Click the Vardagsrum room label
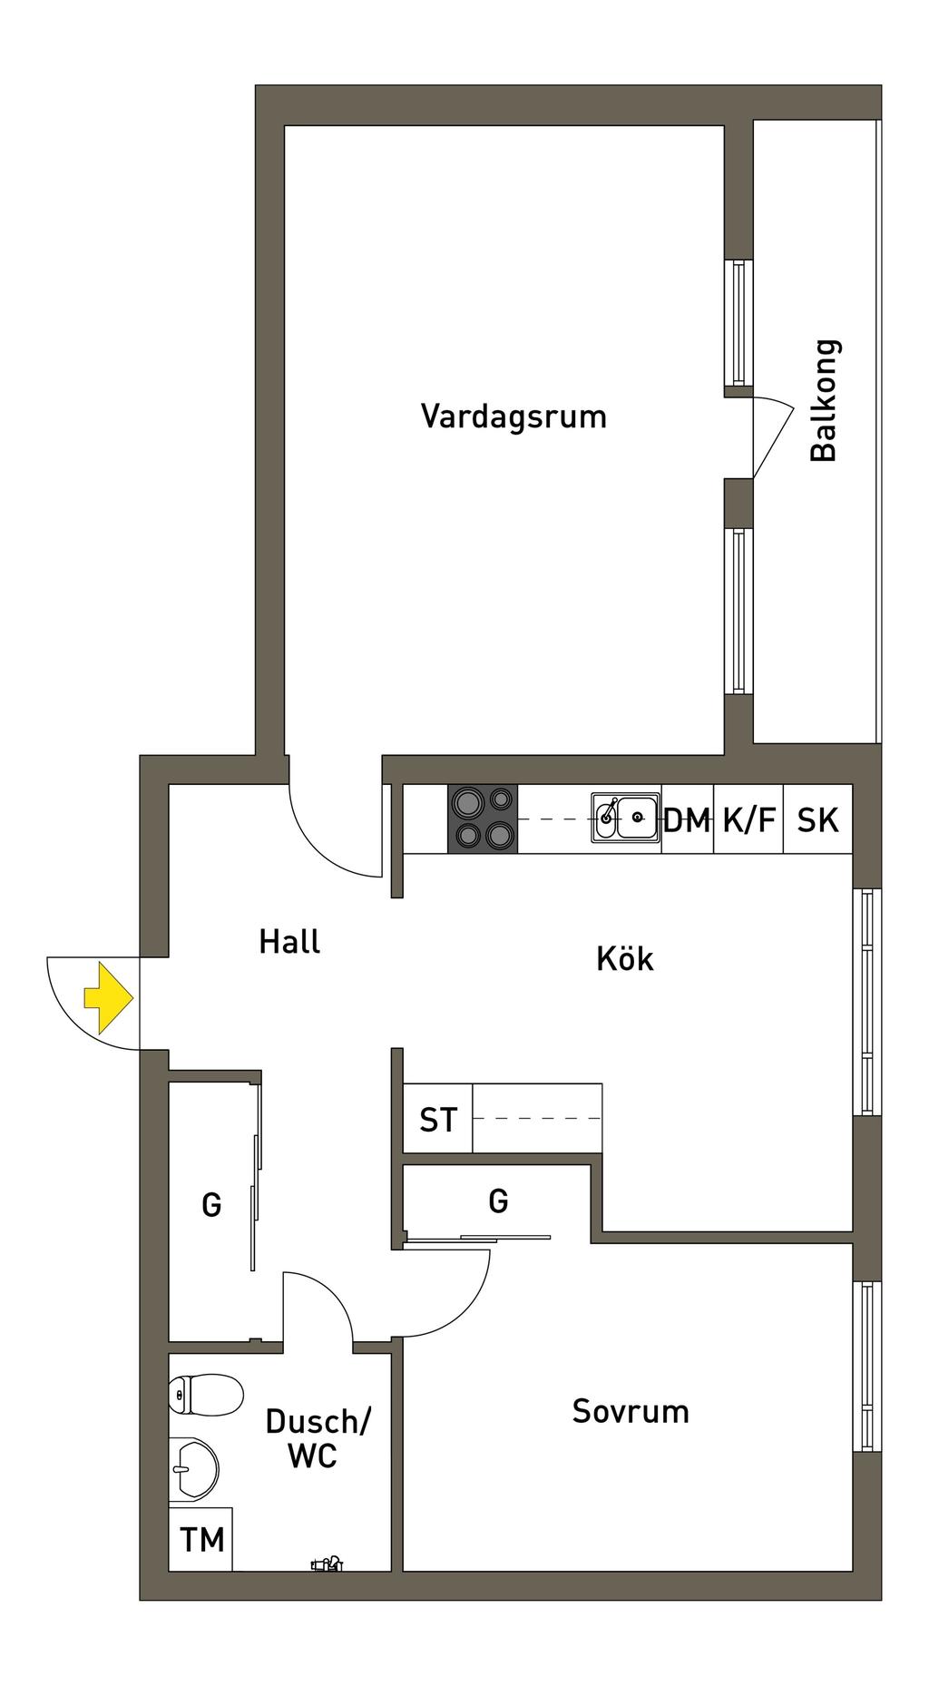(513, 417)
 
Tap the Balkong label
(824, 401)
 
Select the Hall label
(289, 942)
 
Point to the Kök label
(625, 958)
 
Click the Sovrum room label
(631, 1411)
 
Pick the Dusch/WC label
(317, 1438)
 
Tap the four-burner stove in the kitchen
(483, 818)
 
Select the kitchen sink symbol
(626, 818)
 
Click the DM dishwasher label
(687, 821)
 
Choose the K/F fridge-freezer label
(749, 821)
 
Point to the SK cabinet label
(818, 821)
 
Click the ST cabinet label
(438, 1121)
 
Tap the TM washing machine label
(201, 1540)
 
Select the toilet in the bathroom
(206, 1394)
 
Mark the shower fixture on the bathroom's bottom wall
(326, 1563)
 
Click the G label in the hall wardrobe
(211, 1206)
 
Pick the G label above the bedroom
(498, 1201)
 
